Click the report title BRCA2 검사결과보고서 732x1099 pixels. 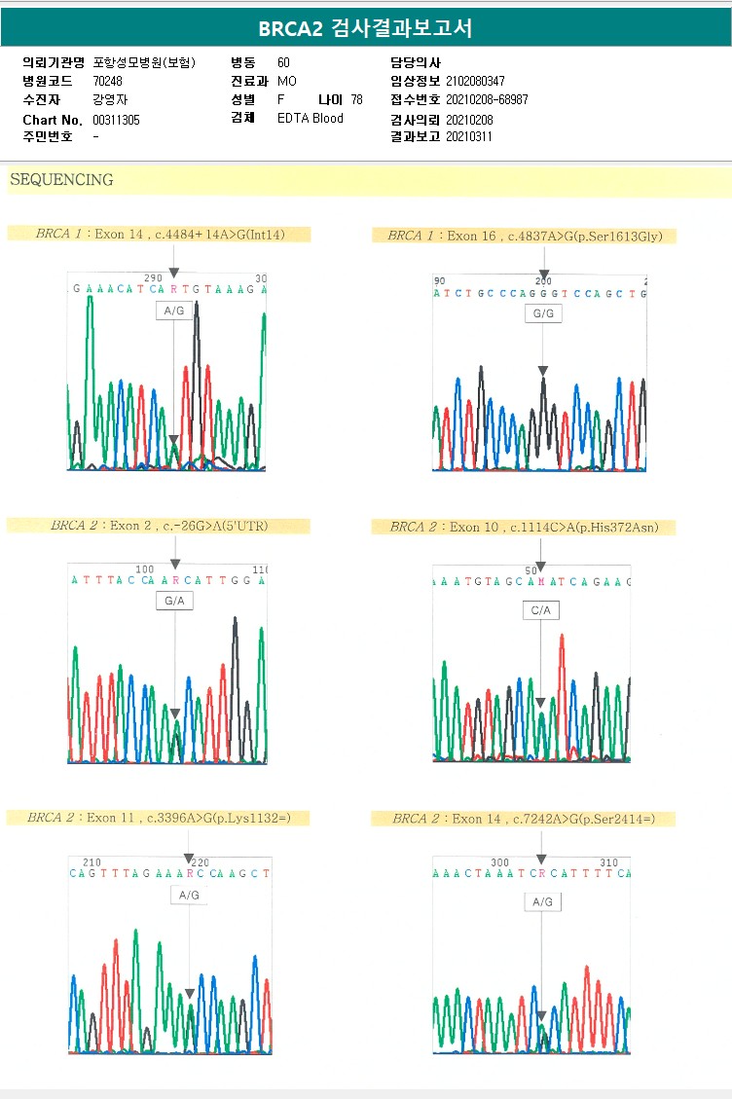tap(365, 28)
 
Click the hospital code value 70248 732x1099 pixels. tap(108, 81)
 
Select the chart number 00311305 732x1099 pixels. tap(116, 120)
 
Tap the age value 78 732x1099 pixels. tap(356, 99)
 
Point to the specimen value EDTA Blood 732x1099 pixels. tap(310, 119)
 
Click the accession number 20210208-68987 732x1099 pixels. tap(487, 99)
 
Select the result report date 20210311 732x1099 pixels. tap(469, 136)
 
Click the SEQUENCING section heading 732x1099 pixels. tap(61, 180)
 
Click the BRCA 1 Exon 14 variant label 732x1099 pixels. tap(160, 235)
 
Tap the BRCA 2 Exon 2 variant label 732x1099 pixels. tap(159, 526)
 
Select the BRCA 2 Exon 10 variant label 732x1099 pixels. tap(524, 527)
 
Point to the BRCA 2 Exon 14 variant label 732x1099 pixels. tap(523, 819)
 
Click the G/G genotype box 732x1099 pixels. tap(542, 314)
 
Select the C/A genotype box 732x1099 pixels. tap(541, 610)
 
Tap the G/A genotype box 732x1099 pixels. tap(175, 602)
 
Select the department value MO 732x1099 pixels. tap(287, 81)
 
